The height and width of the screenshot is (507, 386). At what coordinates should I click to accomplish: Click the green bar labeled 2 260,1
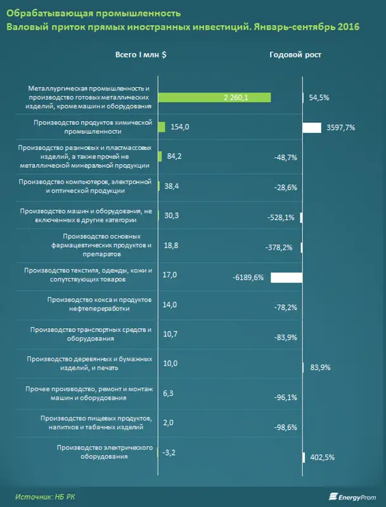(x=214, y=98)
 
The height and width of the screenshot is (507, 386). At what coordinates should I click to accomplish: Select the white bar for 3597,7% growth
(x=312, y=128)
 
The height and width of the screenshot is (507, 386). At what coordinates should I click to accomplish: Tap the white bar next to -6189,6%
(x=286, y=278)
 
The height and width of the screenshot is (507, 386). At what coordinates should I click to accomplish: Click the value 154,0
(x=180, y=127)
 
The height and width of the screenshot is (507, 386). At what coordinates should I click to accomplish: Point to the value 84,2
(x=174, y=157)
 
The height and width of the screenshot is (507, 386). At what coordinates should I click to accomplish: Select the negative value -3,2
(x=168, y=452)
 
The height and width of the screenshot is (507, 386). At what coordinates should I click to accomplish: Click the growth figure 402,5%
(x=323, y=458)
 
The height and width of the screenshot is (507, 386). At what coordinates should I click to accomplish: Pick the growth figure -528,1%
(x=281, y=217)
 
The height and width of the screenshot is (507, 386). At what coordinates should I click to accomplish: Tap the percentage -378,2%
(x=279, y=248)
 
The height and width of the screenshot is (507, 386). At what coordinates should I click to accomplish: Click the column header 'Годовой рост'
(x=295, y=55)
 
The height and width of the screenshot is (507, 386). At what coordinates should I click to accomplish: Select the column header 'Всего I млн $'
(x=141, y=55)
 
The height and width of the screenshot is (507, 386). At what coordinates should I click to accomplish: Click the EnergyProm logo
(x=352, y=497)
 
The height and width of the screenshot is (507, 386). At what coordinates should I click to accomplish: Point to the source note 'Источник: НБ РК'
(x=45, y=497)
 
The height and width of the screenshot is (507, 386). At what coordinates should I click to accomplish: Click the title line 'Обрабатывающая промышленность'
(x=94, y=13)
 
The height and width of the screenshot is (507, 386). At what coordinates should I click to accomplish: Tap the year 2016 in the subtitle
(x=349, y=27)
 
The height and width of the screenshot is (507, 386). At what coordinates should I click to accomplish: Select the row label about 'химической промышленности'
(x=93, y=127)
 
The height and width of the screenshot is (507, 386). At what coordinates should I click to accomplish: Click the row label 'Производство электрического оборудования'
(x=105, y=452)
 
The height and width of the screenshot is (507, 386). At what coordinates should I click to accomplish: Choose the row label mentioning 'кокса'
(x=100, y=304)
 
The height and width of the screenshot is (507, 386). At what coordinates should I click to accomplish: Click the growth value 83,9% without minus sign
(x=319, y=368)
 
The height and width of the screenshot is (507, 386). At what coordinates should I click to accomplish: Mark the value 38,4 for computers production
(x=172, y=186)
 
